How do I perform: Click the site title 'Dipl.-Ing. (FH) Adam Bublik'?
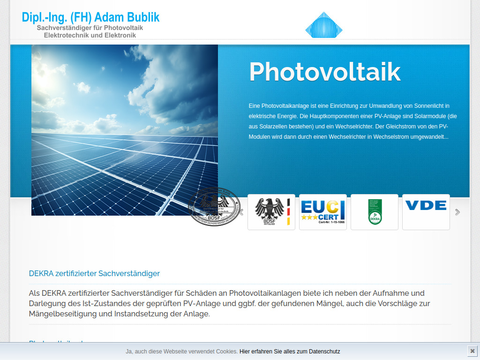pyautogui.click(x=90, y=17)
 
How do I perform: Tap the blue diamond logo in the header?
pyautogui.click(x=324, y=26)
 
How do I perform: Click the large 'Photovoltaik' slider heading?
pyautogui.click(x=324, y=72)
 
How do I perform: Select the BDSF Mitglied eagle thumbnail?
pyautogui.click(x=271, y=212)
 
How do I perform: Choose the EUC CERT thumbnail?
pyautogui.click(x=323, y=212)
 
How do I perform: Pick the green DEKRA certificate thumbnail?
pyautogui.click(x=375, y=212)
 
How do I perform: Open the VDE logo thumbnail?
pyautogui.click(x=426, y=212)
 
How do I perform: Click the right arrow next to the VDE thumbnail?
pyautogui.click(x=457, y=212)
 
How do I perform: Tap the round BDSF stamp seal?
pyautogui.click(x=214, y=207)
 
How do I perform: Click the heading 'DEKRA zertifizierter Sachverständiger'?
pyautogui.click(x=94, y=273)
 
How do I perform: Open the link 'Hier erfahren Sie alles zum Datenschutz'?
pyautogui.click(x=290, y=351)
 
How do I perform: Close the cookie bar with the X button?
pyautogui.click(x=472, y=351)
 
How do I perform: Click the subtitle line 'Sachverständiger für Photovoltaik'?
pyautogui.click(x=90, y=28)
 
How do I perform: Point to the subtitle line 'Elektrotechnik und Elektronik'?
pyautogui.click(x=90, y=35)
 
